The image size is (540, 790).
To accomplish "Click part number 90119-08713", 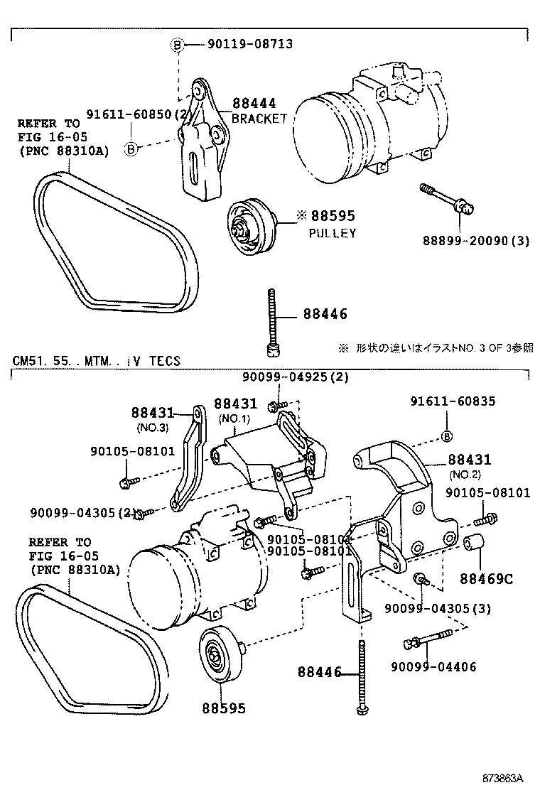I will click(x=249, y=45).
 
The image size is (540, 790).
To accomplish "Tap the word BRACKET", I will click(x=259, y=119).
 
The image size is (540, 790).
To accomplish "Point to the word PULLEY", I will click(x=332, y=233).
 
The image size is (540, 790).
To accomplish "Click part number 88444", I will click(x=254, y=104).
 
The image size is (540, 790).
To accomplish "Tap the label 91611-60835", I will click(x=453, y=401).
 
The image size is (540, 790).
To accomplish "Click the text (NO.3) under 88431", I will click(x=152, y=427).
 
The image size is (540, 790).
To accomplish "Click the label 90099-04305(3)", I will click(x=437, y=609).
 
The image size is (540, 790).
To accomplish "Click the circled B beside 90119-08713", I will click(x=177, y=45).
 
